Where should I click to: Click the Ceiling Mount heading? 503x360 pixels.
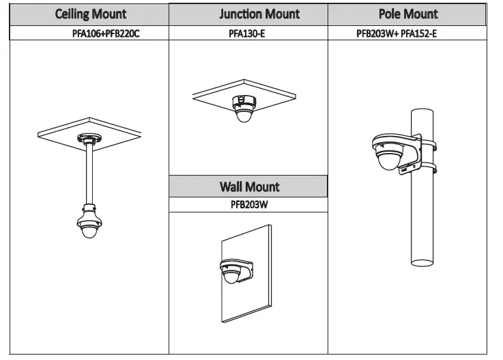[x=91, y=14]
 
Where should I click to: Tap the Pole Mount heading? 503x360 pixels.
[x=408, y=14]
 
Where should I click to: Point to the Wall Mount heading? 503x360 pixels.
[x=249, y=186]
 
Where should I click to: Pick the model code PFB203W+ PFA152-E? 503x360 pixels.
[x=397, y=33]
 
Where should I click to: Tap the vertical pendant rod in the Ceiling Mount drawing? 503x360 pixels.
[x=89, y=174]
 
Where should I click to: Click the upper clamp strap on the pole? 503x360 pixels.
[x=429, y=144]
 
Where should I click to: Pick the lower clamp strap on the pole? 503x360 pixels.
[x=429, y=166]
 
